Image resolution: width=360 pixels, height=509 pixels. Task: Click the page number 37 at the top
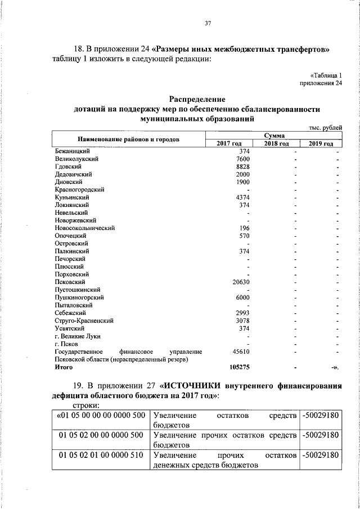pos(208,23)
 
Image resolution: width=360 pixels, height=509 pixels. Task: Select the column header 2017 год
pos(228,144)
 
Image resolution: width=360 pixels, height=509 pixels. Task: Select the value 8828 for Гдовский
pos(243,167)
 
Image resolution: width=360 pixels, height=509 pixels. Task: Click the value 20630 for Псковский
pos(241,282)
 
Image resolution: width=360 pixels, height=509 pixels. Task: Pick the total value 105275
pos(240,367)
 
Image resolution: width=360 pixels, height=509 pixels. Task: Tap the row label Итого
pos(64,367)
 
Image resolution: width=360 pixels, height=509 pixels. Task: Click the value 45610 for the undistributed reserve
pos(241,351)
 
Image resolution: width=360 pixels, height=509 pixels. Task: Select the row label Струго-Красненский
pos(84,320)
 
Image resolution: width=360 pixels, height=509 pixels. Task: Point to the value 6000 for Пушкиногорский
pos(243,297)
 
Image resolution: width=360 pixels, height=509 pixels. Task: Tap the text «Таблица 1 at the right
pos(326,75)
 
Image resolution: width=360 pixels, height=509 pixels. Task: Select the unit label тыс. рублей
pos(326,128)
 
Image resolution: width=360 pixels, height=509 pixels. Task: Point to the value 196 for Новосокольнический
pos(245,228)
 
